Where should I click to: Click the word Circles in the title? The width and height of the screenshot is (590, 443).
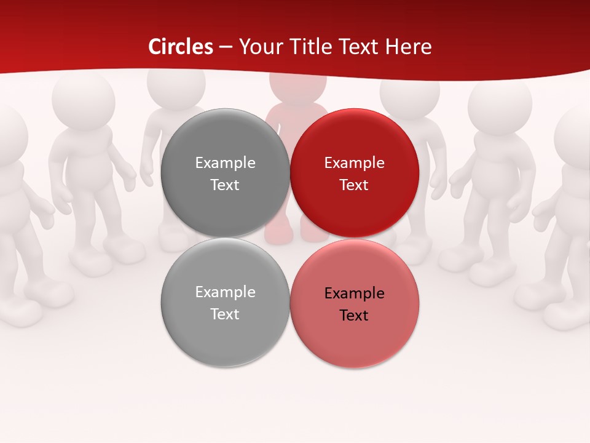point(181,47)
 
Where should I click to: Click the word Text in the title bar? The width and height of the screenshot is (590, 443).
point(360,47)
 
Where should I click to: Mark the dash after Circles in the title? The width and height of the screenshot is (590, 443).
point(226,47)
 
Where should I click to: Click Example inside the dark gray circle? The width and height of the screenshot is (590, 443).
point(225,163)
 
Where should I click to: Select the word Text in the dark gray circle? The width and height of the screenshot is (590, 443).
point(225,185)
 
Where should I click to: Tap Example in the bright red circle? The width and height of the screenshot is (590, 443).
point(354,163)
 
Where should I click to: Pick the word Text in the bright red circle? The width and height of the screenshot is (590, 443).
point(354,185)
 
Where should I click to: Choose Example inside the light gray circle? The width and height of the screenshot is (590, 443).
point(225,292)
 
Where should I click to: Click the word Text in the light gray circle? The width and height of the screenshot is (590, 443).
point(225,314)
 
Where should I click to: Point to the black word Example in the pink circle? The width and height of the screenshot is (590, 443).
point(354,293)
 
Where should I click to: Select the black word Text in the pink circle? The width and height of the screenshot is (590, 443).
point(354,316)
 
